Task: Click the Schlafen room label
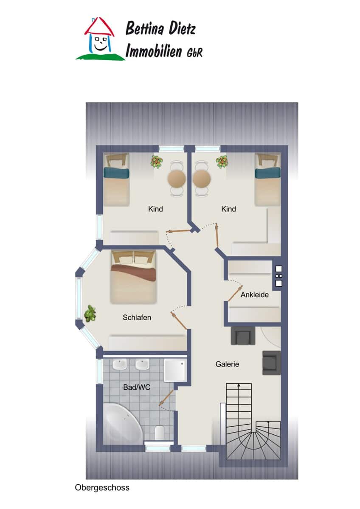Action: [x=137, y=317]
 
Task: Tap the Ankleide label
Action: [x=254, y=294]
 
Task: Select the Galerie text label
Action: [x=227, y=364]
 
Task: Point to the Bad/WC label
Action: [x=137, y=387]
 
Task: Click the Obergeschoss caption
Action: [x=102, y=487]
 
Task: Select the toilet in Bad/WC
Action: [x=160, y=432]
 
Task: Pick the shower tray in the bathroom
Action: [x=175, y=370]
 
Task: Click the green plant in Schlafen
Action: [x=90, y=314]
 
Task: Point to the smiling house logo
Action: [x=100, y=39]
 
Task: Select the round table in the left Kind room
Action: [x=177, y=178]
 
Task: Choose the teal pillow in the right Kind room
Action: [x=267, y=173]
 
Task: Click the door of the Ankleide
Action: [x=235, y=294]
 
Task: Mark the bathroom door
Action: [x=166, y=398]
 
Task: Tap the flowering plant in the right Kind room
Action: [x=222, y=162]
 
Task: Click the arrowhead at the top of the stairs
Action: [x=239, y=385]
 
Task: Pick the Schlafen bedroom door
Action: [x=179, y=321]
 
